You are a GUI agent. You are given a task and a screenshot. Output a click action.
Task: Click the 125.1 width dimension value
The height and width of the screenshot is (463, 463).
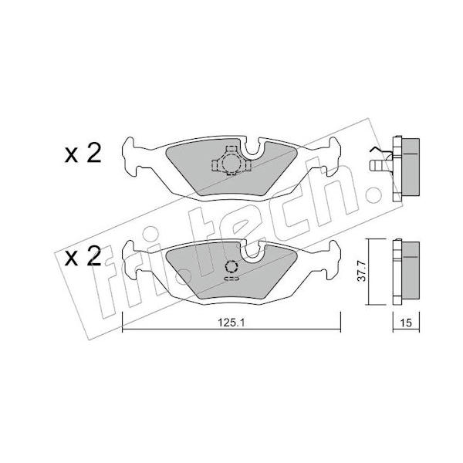tap(231, 323)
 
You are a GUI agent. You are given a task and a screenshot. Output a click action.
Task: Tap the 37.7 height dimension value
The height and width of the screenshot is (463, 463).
tap(362, 271)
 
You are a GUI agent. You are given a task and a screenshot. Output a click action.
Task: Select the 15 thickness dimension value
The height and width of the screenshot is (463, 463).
tap(406, 323)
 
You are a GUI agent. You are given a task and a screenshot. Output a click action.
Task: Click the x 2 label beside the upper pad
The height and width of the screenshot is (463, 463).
tap(83, 154)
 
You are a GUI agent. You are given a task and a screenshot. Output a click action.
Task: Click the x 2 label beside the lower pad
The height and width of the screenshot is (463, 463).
tap(83, 255)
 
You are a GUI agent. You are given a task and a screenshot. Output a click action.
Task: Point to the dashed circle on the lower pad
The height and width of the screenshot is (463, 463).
tap(231, 267)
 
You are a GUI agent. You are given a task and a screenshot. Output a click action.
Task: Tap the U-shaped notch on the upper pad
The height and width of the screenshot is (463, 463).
tap(252, 147)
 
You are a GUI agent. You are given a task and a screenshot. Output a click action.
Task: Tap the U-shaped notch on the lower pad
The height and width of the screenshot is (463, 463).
tap(252, 249)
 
